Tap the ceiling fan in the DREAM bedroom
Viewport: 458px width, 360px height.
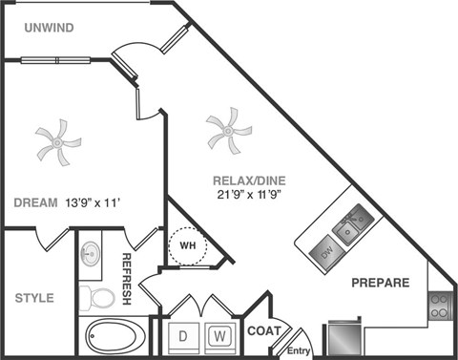pyautogui.click(x=57, y=143)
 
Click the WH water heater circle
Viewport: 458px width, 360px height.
pyautogui.click(x=186, y=246)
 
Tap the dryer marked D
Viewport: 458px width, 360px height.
pyautogui.click(x=182, y=337)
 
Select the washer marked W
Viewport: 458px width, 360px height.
pyautogui.click(x=219, y=337)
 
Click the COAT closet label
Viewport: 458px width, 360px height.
pyautogui.click(x=265, y=331)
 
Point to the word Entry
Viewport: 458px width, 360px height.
pyautogui.click(x=300, y=349)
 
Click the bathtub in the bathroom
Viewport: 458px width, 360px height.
pyautogui.click(x=115, y=337)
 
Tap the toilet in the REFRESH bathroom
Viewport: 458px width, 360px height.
pyautogui.click(x=96, y=296)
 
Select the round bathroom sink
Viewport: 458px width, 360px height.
pyautogui.click(x=92, y=253)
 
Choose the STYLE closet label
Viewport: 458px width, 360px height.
pyautogui.click(x=34, y=298)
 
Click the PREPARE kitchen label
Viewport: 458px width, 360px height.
pyautogui.click(x=380, y=283)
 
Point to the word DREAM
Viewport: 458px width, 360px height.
pyautogui.click(x=37, y=202)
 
